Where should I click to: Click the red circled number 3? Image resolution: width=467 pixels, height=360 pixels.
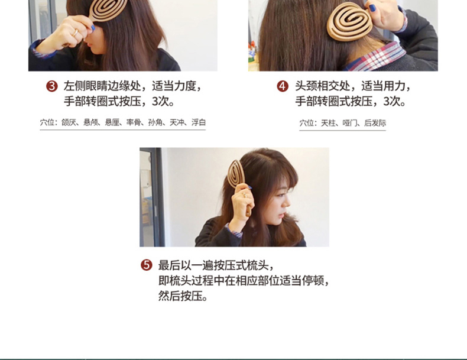(x=52, y=86)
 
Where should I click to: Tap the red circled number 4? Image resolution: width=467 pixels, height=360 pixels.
(x=283, y=86)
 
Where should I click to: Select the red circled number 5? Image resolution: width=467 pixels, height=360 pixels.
(x=146, y=265)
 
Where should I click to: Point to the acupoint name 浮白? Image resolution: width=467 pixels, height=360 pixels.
(x=199, y=122)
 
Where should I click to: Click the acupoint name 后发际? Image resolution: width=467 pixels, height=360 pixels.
(x=375, y=123)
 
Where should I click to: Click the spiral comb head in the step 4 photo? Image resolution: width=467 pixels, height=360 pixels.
(x=349, y=21)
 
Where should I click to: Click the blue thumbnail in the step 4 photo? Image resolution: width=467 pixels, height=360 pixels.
(x=372, y=8)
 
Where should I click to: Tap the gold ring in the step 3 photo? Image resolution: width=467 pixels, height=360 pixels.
(x=76, y=32)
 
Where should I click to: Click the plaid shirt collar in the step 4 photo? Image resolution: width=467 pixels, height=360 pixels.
(x=377, y=57)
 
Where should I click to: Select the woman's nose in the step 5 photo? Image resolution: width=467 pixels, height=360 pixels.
(x=286, y=203)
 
